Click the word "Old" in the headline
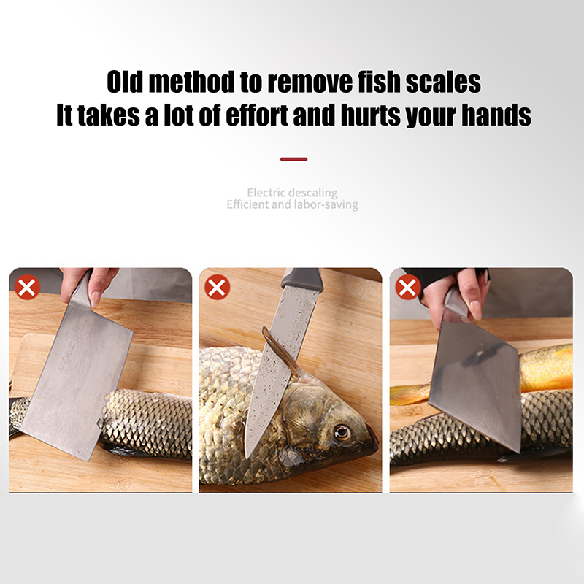tap(125, 82)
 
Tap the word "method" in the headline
tap(191, 82)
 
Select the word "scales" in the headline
tap(443, 82)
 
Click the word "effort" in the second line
tap(257, 115)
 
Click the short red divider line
tap(294, 159)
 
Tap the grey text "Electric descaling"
tap(293, 193)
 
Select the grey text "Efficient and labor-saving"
tap(293, 204)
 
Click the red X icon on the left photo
tap(27, 287)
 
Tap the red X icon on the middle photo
tap(217, 287)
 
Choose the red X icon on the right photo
tap(407, 287)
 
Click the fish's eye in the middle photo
tap(342, 433)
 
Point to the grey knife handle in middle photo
tap(301, 278)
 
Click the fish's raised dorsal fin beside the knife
tap(281, 352)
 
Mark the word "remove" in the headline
tap(310, 82)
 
